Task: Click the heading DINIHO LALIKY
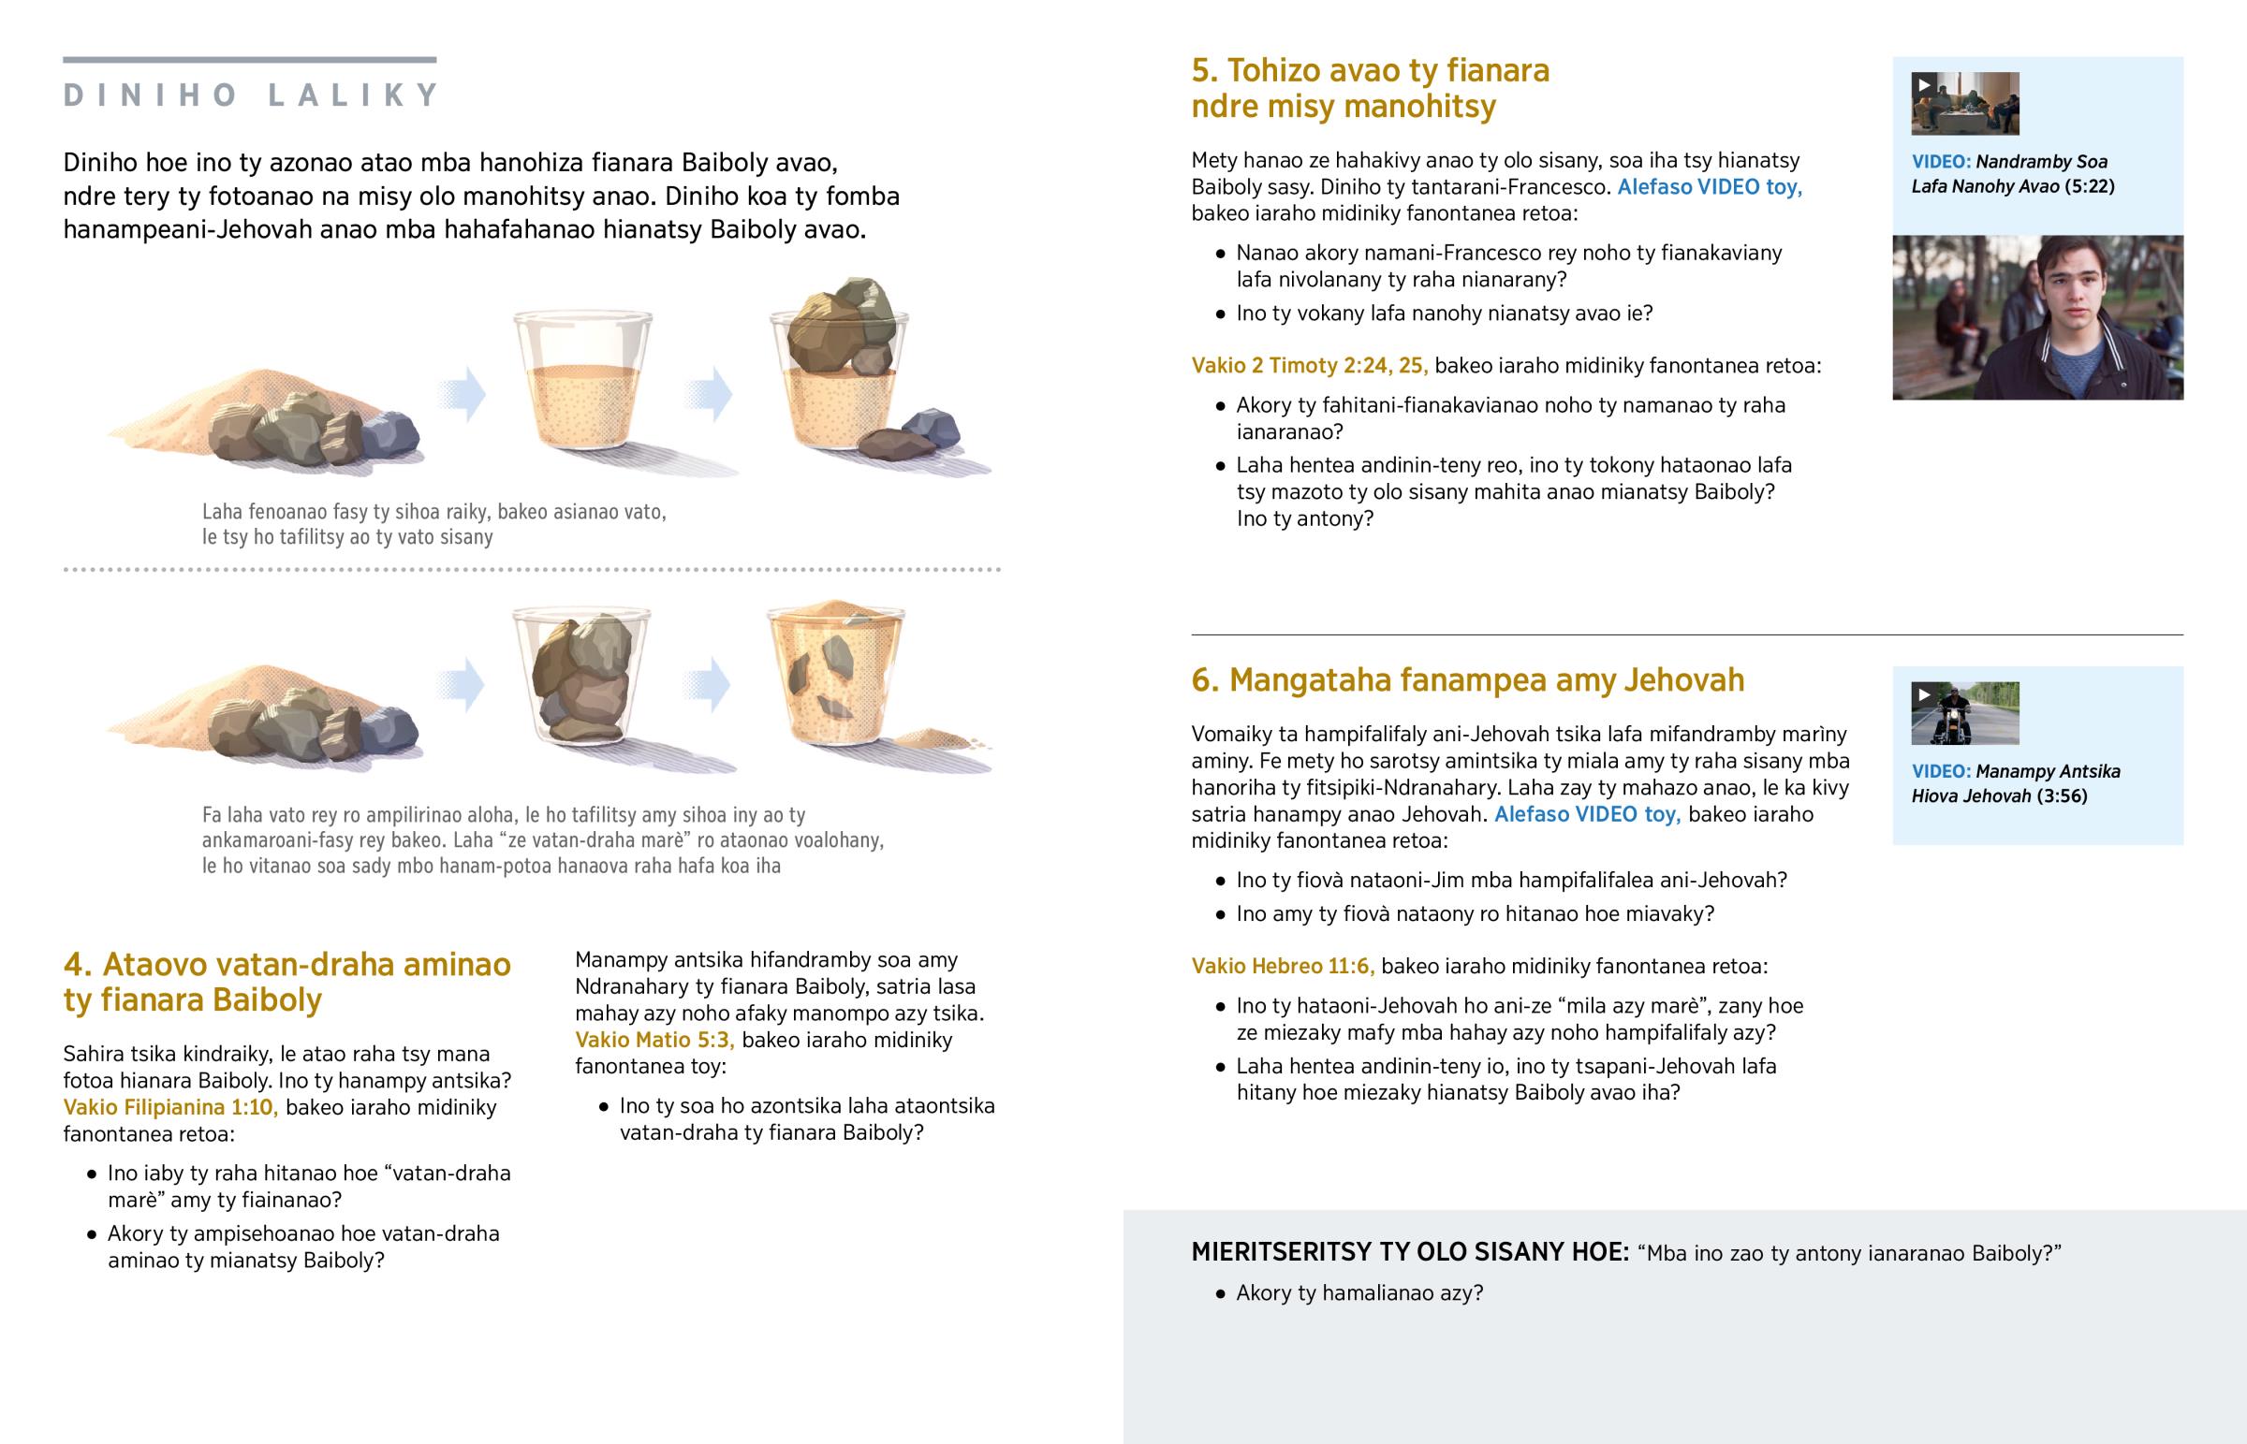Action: click(x=250, y=95)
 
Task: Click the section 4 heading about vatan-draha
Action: click(x=287, y=982)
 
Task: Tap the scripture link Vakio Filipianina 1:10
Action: click(x=170, y=1107)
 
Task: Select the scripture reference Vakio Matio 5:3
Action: click(x=654, y=1040)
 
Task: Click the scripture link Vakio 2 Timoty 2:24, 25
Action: click(x=1309, y=366)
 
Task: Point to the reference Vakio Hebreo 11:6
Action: click(x=1283, y=967)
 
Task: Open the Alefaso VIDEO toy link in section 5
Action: click(x=1710, y=186)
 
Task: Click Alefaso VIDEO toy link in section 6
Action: click(x=1587, y=814)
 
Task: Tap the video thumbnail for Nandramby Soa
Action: click(x=1964, y=103)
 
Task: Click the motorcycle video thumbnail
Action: click(x=1964, y=713)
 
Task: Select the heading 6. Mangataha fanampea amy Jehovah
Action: click(x=1468, y=679)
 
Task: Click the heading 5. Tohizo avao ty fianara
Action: click(x=1370, y=88)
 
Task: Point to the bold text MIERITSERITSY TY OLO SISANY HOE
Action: click(x=1410, y=1253)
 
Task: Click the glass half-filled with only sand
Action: click(x=582, y=379)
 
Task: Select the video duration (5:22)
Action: click(x=2090, y=186)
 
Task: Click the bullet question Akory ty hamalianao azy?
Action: click(x=1358, y=1293)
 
